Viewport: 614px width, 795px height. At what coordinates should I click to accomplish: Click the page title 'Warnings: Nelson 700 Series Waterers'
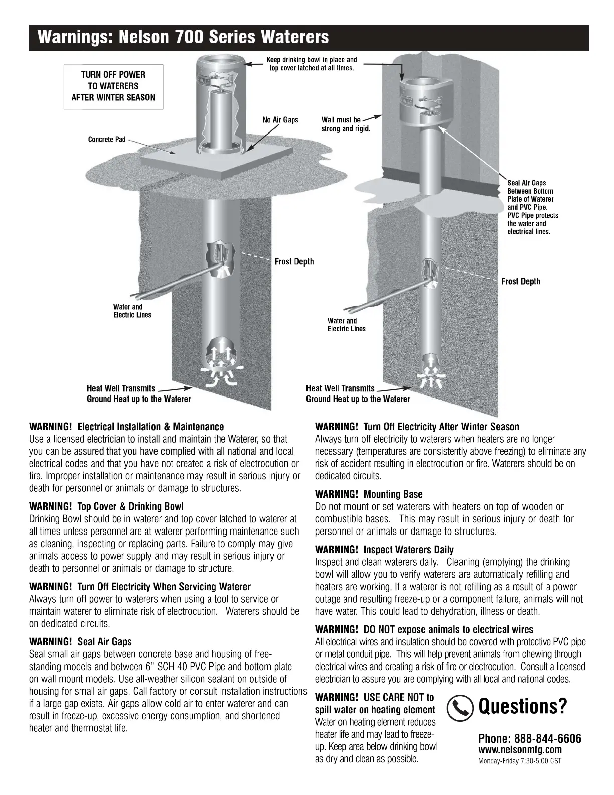(x=184, y=37)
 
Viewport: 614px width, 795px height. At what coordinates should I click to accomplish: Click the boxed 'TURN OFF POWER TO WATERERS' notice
(x=113, y=86)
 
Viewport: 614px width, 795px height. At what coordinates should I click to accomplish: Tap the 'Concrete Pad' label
(x=107, y=139)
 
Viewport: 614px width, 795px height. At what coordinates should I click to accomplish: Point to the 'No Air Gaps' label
(x=280, y=120)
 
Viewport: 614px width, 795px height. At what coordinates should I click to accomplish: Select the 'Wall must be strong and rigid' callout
(x=345, y=124)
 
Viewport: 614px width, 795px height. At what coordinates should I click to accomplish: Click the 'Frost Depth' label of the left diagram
(x=294, y=261)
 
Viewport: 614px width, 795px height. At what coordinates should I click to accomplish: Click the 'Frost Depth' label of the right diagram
(x=521, y=281)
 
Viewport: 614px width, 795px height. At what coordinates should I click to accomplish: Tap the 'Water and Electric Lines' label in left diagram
(x=132, y=311)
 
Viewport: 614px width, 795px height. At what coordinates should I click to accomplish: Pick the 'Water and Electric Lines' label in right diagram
(x=346, y=325)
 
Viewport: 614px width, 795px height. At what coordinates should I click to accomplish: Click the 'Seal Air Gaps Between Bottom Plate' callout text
(x=532, y=207)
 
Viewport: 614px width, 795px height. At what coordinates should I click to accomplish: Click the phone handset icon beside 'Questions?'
(x=460, y=707)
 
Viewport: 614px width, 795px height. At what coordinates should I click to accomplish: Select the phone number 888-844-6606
(x=530, y=738)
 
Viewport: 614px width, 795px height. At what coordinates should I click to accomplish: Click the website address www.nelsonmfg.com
(x=520, y=750)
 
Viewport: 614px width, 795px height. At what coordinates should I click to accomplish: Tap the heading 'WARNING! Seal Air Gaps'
(x=81, y=642)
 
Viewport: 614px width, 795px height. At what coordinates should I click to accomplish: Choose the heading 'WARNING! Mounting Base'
(x=369, y=494)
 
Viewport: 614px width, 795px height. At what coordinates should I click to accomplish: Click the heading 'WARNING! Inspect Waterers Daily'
(x=384, y=550)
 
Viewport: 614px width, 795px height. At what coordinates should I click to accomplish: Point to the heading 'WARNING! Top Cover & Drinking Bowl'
(x=107, y=506)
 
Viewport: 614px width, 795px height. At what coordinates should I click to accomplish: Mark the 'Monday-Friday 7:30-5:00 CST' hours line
(x=519, y=761)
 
